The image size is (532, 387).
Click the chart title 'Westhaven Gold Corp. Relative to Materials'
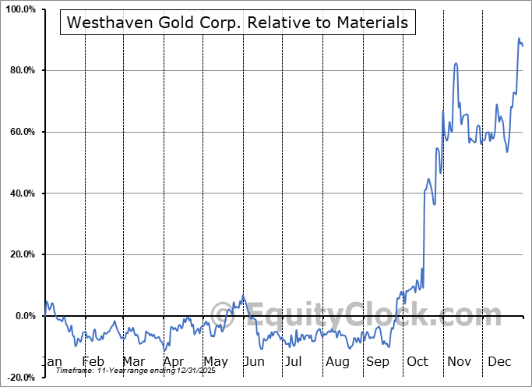coord(238,23)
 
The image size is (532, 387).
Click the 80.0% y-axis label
coord(21,71)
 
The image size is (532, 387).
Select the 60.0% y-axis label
coord(21,133)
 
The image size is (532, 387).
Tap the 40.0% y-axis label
coord(21,193)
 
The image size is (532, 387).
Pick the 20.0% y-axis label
coord(21,255)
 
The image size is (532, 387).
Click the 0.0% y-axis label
coord(23,316)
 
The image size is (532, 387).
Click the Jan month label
coord(51,362)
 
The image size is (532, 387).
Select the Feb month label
coord(93,362)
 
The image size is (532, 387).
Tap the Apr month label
coord(174,362)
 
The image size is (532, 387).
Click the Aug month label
coord(337,362)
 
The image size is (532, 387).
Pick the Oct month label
coord(418,362)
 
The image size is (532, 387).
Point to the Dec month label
coord(500,362)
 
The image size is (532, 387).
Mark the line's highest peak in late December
coord(519,38)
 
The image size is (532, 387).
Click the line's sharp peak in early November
coord(456,64)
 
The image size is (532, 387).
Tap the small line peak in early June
coord(243,295)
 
